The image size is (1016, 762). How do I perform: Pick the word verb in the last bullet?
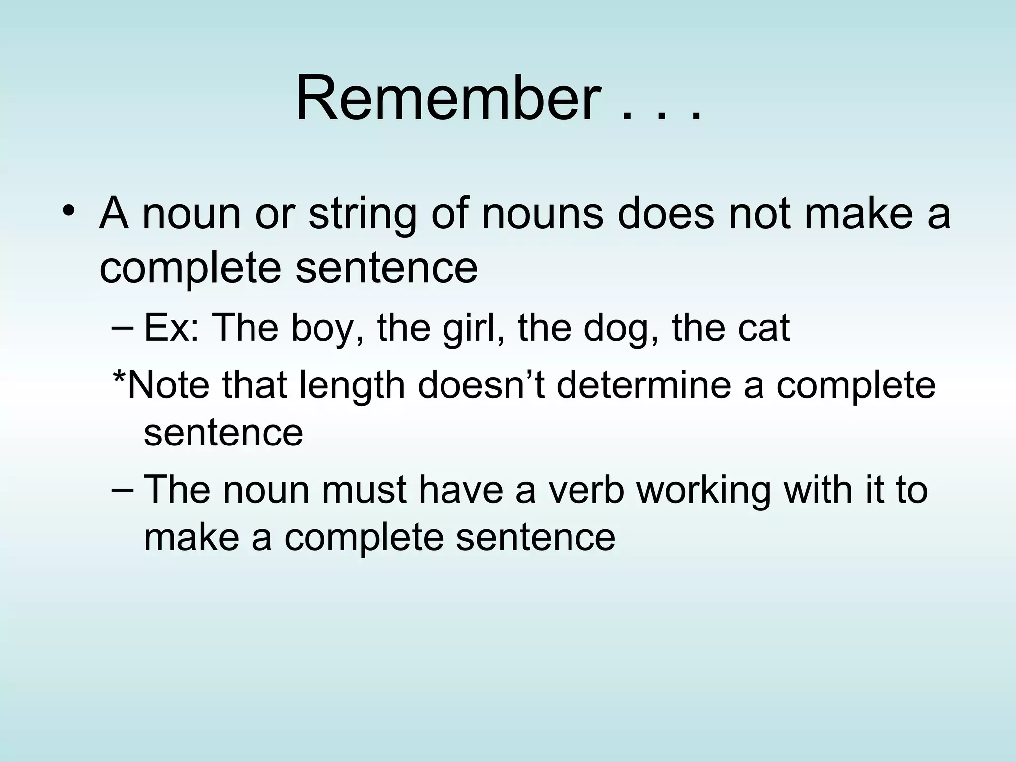click(586, 489)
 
